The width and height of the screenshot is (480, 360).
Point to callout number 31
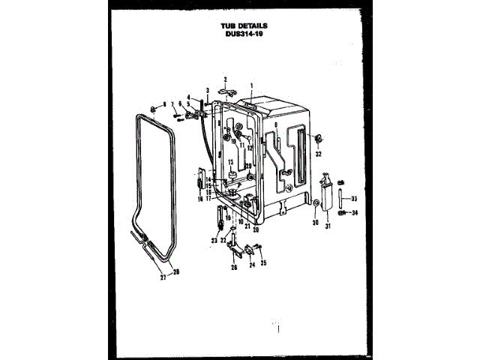pyautogui.click(x=328, y=226)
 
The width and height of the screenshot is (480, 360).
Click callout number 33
pyautogui.click(x=355, y=199)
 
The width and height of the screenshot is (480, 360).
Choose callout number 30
pyautogui.click(x=315, y=223)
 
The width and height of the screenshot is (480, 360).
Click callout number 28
pyautogui.click(x=176, y=271)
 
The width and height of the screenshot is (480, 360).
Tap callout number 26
pyautogui.click(x=233, y=268)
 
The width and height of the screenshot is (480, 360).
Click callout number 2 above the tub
pyautogui.click(x=224, y=79)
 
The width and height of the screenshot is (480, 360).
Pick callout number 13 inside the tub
pyautogui.click(x=231, y=163)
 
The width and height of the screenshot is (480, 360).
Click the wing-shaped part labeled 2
pyautogui.click(x=226, y=91)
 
